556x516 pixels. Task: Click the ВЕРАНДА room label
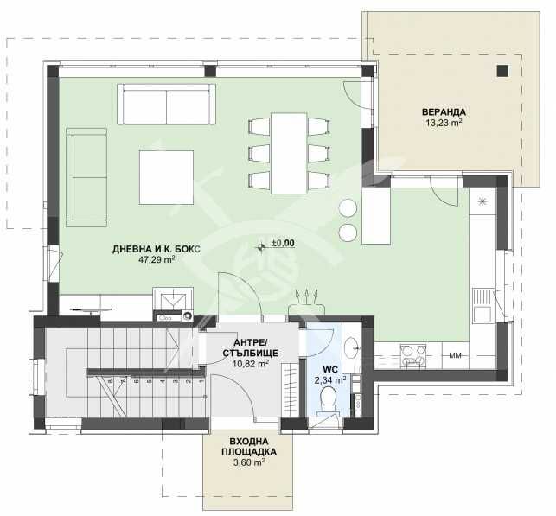(x=444, y=111)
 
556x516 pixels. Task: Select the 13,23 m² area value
(x=444, y=123)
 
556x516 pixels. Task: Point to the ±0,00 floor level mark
(x=282, y=244)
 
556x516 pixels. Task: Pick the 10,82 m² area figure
(x=250, y=364)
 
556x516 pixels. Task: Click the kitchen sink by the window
(x=481, y=303)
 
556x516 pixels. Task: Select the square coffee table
(x=167, y=176)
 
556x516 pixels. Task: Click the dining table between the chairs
(x=289, y=153)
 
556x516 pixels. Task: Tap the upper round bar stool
(x=348, y=207)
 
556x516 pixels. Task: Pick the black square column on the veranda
(x=501, y=72)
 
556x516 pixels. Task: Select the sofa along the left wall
(x=86, y=177)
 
